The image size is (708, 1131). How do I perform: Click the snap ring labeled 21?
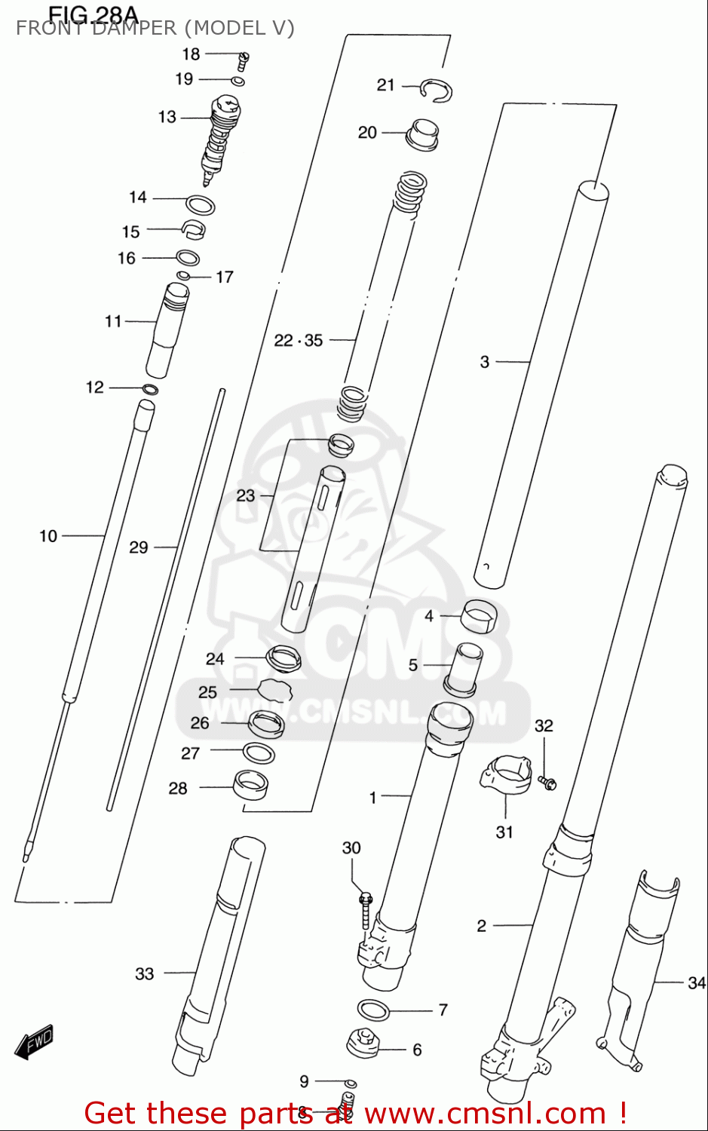click(x=437, y=90)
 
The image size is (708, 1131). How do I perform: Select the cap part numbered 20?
click(x=422, y=134)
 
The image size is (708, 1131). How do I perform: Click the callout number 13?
click(x=167, y=117)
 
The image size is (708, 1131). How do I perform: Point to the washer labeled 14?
click(x=201, y=204)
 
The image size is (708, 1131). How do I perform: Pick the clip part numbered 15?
click(x=194, y=228)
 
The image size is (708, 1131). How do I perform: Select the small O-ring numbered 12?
click(x=150, y=390)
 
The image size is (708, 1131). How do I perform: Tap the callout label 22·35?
click(x=298, y=341)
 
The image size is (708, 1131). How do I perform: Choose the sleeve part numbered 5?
click(x=461, y=668)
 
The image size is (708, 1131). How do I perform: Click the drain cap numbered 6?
click(x=363, y=1044)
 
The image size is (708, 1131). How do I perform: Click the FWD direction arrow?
click(x=35, y=1043)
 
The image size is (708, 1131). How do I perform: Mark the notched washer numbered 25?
click(x=274, y=689)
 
